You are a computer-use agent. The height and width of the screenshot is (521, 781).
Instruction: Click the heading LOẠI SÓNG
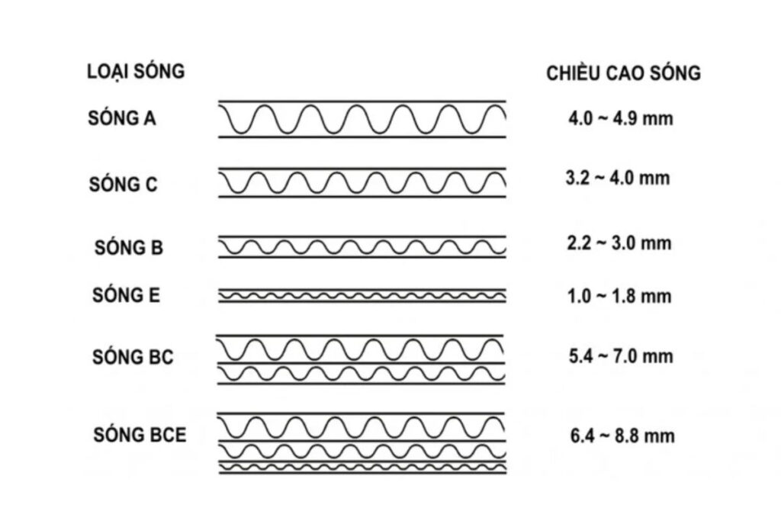click(x=136, y=72)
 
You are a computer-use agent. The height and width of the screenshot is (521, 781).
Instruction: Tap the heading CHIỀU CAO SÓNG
click(x=623, y=73)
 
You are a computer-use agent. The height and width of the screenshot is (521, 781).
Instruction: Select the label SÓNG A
click(x=122, y=118)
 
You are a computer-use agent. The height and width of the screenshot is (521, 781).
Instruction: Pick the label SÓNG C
click(x=123, y=185)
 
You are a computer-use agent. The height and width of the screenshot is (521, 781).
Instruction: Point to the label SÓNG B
click(x=128, y=247)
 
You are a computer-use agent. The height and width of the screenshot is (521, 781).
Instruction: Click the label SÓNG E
click(x=126, y=295)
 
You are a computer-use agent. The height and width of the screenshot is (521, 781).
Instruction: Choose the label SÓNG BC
click(x=133, y=357)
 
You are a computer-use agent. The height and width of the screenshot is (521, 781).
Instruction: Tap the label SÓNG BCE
click(x=140, y=435)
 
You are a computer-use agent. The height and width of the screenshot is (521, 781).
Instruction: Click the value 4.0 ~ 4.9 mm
click(x=621, y=118)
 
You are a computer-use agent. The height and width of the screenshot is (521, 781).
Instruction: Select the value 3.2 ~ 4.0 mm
click(x=618, y=178)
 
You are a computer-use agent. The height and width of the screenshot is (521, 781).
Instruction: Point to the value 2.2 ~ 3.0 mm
click(x=619, y=243)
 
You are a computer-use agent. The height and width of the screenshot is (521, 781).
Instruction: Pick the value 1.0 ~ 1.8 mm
click(x=619, y=296)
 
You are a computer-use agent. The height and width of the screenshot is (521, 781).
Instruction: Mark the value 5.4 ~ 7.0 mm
click(x=621, y=356)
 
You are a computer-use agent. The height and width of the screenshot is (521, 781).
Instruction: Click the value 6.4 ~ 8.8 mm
click(x=622, y=436)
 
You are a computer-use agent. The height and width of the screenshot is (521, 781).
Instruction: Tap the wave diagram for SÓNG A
click(x=362, y=119)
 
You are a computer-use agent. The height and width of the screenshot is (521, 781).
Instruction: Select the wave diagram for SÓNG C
click(x=362, y=183)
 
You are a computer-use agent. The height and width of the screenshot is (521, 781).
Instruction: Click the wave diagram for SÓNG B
click(x=362, y=246)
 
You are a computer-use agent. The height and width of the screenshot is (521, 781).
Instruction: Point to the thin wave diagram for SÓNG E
click(x=362, y=296)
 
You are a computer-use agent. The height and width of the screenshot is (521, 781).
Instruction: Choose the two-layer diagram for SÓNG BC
click(x=361, y=359)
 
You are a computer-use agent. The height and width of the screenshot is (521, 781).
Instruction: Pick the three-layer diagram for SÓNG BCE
click(x=362, y=443)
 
